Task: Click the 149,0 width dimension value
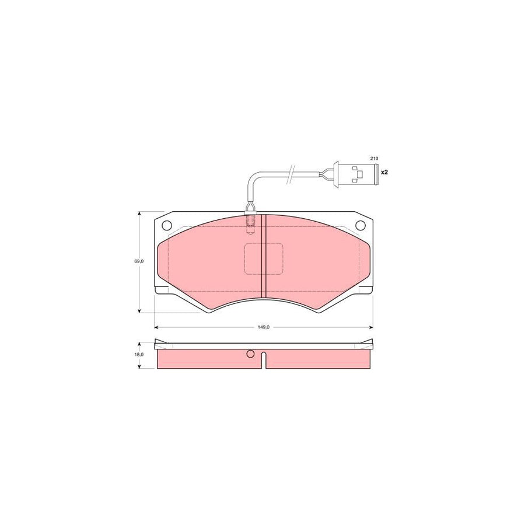[x=264, y=327]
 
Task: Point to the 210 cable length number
[x=374, y=159]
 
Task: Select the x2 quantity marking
[x=384, y=173]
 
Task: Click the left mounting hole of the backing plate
[x=166, y=226]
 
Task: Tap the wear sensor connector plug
[x=352, y=173]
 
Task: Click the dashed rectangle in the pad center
[x=262, y=258]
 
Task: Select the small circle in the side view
[x=251, y=353]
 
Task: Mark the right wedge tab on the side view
[x=369, y=345]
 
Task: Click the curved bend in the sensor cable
[x=252, y=178]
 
